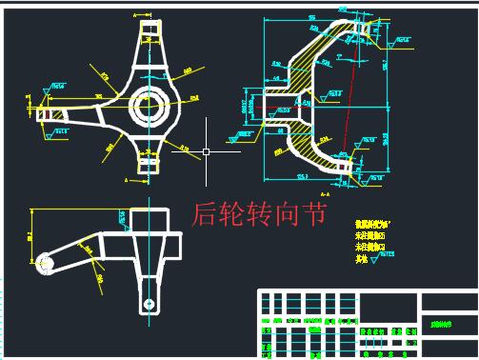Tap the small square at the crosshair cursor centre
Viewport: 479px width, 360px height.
206,150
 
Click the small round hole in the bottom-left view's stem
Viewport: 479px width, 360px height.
149,303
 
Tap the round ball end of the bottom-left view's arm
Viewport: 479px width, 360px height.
44,262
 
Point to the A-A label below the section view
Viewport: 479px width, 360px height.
351,191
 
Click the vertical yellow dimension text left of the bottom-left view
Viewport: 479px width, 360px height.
30,231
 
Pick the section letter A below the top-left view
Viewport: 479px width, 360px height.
127,178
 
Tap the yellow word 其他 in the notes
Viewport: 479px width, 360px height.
362,257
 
